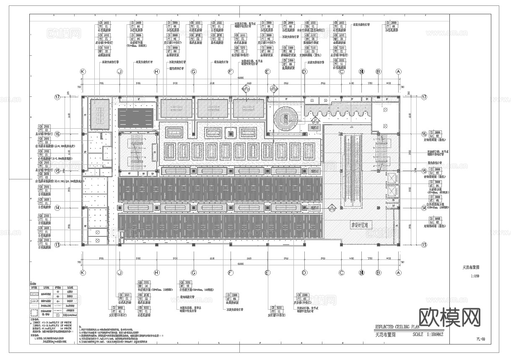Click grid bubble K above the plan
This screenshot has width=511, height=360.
pos(83,72)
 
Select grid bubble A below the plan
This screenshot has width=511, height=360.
pos(399,273)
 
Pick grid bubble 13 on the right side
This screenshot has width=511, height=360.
pos(424,245)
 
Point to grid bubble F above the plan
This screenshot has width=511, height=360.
pos(230,72)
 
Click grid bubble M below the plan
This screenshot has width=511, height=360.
pos(362,273)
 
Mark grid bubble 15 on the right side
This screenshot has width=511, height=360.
pos(424,171)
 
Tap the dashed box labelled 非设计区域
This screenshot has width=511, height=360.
pos(362,225)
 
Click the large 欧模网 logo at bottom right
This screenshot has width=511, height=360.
pos(449,317)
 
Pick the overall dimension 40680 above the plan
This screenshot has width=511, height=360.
pos(241,78)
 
